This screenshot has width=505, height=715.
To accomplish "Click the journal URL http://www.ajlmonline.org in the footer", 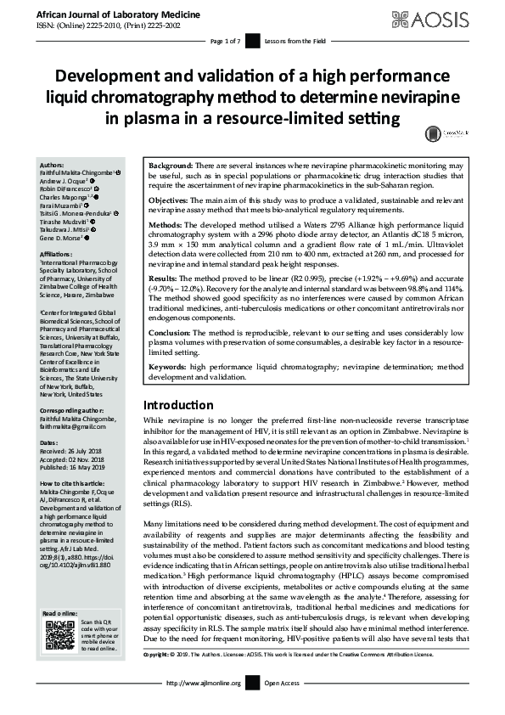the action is (x=205, y=706).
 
